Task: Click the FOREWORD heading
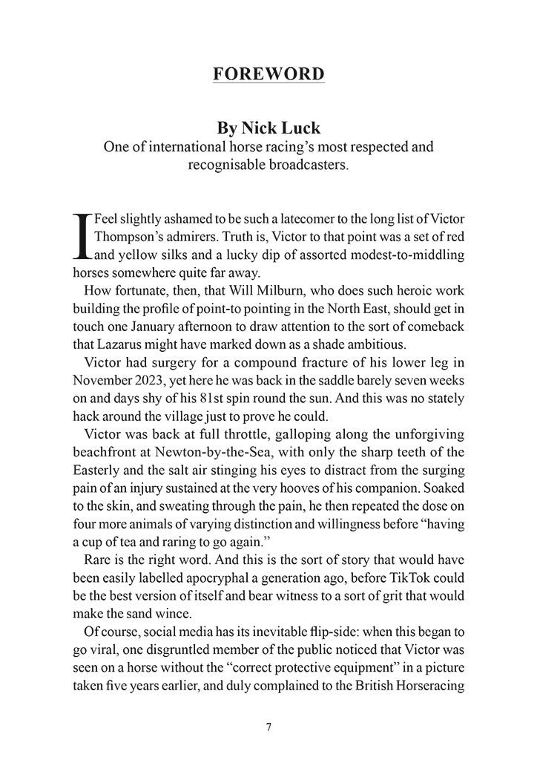point(268,74)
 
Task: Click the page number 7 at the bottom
point(268,727)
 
